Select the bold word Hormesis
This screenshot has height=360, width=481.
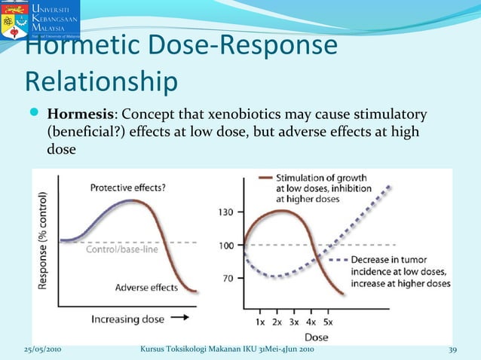(80, 115)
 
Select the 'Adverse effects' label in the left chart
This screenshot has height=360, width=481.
(146, 287)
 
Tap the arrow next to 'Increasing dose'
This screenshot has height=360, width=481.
(180, 319)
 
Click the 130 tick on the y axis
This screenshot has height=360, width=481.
(225, 212)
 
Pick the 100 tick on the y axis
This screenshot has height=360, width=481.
(225, 246)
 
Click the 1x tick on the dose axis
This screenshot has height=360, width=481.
(260, 322)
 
